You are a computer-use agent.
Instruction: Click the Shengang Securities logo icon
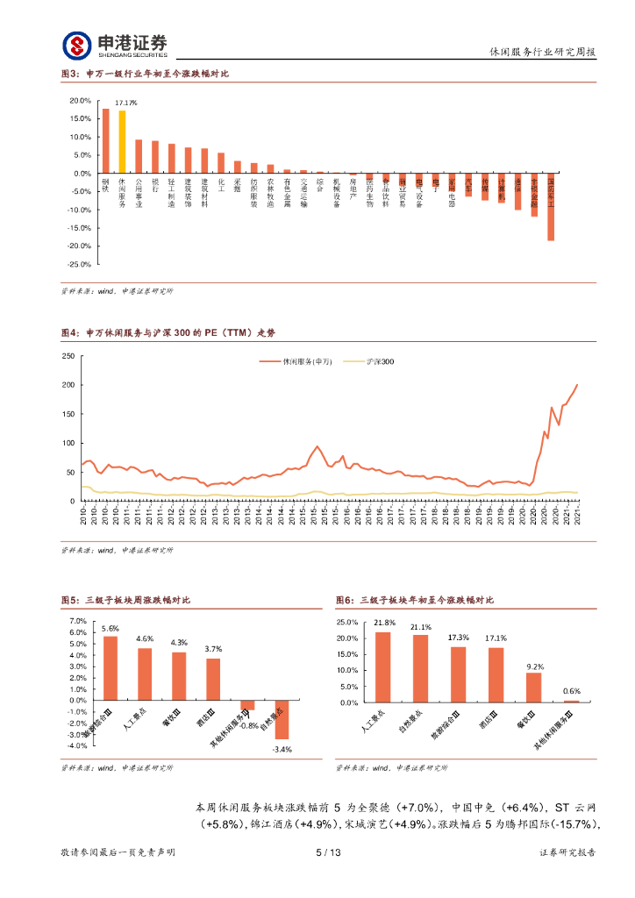(x=76, y=43)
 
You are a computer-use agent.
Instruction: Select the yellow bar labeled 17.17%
(x=122, y=141)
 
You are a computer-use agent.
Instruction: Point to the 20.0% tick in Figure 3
(x=80, y=100)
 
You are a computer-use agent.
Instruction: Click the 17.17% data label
(x=126, y=103)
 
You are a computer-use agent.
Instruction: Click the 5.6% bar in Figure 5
(x=111, y=666)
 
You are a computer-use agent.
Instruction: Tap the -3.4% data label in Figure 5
(x=282, y=749)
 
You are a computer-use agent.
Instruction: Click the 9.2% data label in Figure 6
(x=534, y=666)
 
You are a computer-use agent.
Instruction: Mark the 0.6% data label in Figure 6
(x=572, y=692)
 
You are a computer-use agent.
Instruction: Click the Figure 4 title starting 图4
(x=168, y=333)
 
